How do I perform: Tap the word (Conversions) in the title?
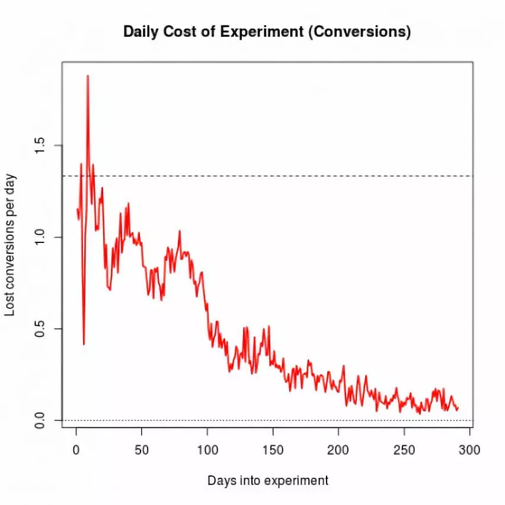pos(360,32)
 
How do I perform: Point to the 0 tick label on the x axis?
pos(76,449)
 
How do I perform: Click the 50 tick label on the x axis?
pos(141,449)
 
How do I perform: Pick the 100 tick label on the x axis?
pos(207,449)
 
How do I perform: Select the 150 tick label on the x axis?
pos(273,449)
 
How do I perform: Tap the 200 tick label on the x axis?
pos(338,449)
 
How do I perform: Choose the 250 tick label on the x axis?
pos(404,449)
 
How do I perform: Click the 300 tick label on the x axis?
pos(469,449)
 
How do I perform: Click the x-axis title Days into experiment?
pos(268,480)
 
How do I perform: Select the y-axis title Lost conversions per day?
pos(11,245)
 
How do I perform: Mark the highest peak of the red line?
pos(88,76)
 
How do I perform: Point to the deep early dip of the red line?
pos(84,344)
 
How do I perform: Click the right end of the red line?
pos(458,407)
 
